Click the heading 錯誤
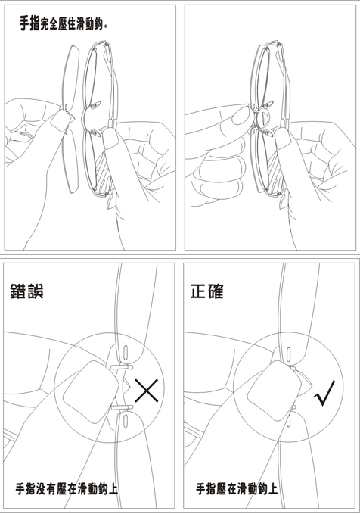pyautogui.click(x=26, y=291)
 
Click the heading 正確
pyautogui.click(x=206, y=291)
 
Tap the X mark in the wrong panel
pyautogui.click(x=147, y=391)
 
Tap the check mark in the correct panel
pyautogui.click(x=324, y=393)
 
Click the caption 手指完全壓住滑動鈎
pyautogui.click(x=64, y=23)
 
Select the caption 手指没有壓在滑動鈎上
pyautogui.click(x=67, y=489)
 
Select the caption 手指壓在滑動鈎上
pyautogui.click(x=237, y=489)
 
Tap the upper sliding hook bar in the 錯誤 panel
pyautogui.click(x=122, y=367)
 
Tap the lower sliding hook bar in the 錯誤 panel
pyautogui.click(x=122, y=408)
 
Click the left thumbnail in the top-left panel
pyautogui.click(x=60, y=120)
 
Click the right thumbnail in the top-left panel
pyautogui.click(x=111, y=138)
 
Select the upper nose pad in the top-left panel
pyautogui.click(x=95, y=105)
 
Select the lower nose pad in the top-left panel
pyautogui.click(x=95, y=132)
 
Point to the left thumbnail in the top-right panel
pyautogui.click(x=241, y=116)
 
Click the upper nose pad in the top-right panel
pyautogui.click(x=266, y=105)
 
